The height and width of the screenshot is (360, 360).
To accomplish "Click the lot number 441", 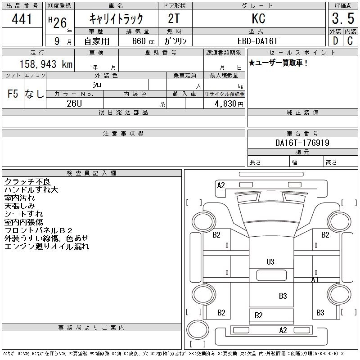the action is [22, 19].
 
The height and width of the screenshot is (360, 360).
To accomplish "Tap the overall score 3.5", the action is [343, 18].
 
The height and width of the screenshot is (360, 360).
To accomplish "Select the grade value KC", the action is [258, 18].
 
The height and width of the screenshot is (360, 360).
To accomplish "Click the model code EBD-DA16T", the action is [257, 41].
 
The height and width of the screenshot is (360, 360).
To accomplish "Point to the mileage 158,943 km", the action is [46, 64].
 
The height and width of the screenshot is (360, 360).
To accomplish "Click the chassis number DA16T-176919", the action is [302, 143].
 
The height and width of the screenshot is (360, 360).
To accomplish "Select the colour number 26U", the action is [74, 103].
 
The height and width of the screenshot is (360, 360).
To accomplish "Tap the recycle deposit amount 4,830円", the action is [229, 104].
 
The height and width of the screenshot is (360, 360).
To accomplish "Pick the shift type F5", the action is [13, 94].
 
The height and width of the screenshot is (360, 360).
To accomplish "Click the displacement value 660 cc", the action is [143, 41].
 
